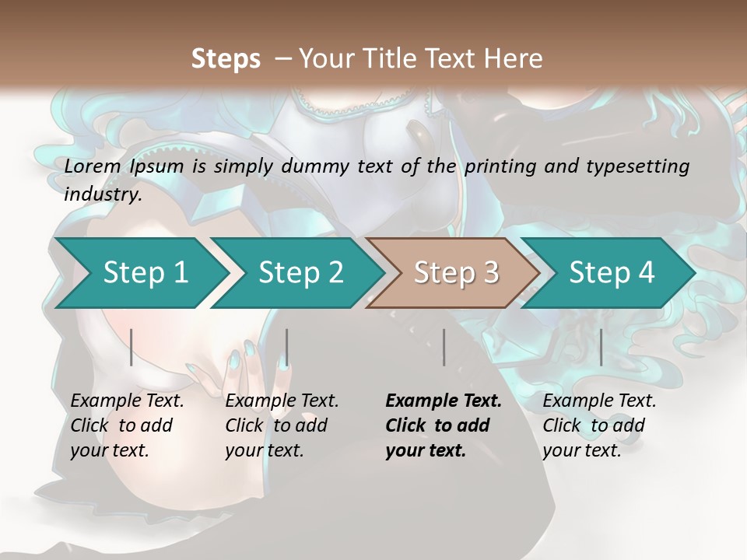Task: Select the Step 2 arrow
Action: (x=300, y=272)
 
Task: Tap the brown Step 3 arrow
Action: (x=455, y=272)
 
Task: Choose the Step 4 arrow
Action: (x=611, y=272)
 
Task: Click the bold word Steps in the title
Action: (x=226, y=59)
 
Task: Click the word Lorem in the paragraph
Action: (x=93, y=166)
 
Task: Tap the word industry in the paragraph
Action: (x=101, y=194)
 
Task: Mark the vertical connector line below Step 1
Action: (x=132, y=347)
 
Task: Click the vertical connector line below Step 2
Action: (x=287, y=347)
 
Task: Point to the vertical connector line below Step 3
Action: (x=444, y=347)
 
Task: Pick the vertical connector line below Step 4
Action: (x=601, y=347)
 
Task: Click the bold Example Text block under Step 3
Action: (x=443, y=425)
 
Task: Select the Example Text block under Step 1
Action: (x=127, y=425)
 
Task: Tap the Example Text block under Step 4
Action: (x=599, y=425)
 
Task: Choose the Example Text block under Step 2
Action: (x=282, y=425)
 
